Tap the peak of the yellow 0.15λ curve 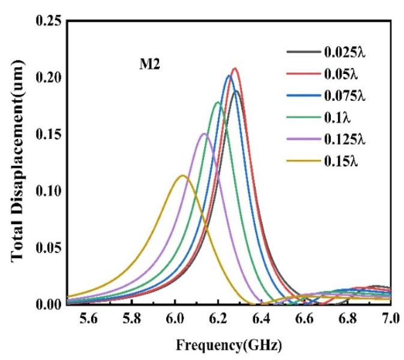[182, 175]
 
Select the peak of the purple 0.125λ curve [204, 133]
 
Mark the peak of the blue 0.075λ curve [229, 76]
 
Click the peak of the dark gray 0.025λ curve [236, 91]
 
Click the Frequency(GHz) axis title [228, 347]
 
